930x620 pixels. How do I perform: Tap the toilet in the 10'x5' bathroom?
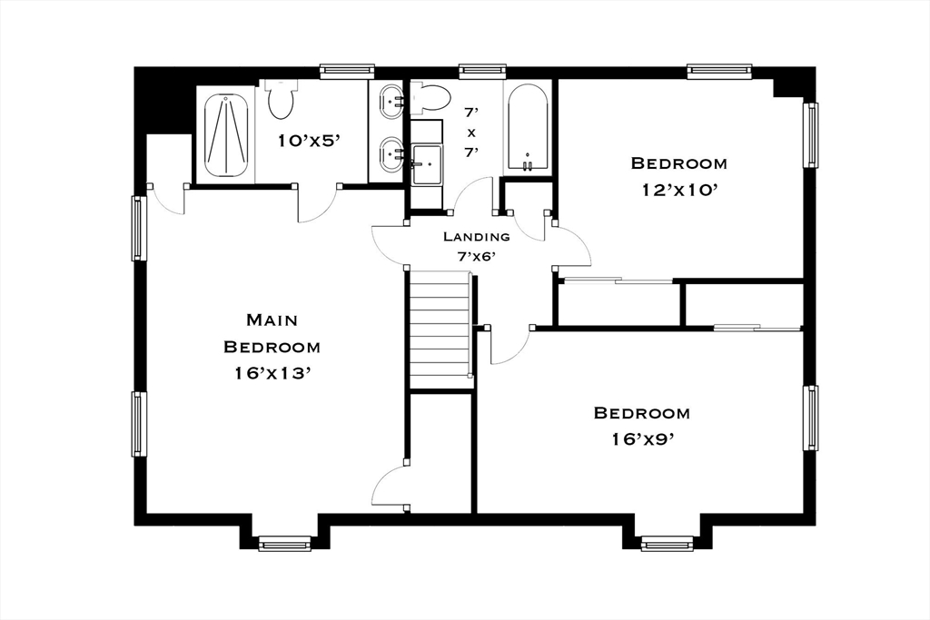pos(280,98)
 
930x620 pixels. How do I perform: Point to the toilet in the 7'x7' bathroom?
pos(429,98)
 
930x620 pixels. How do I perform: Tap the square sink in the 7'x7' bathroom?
pos(426,163)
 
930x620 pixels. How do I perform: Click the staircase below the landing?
pos(440,329)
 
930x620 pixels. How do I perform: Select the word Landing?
pos(476,237)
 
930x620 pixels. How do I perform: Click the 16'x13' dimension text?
pos(272,373)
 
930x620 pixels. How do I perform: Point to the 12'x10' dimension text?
pos(679,190)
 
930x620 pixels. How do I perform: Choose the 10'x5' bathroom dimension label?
pos(309,141)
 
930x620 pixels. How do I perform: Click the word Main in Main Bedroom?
pos(272,320)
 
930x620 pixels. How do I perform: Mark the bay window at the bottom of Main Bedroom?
pos(284,543)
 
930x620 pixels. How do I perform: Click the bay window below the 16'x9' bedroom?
pos(668,543)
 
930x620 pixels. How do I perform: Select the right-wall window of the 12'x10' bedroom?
pos(810,135)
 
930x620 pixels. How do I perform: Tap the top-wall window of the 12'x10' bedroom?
pos(720,71)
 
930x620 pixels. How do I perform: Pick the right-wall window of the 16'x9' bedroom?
pos(810,418)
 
